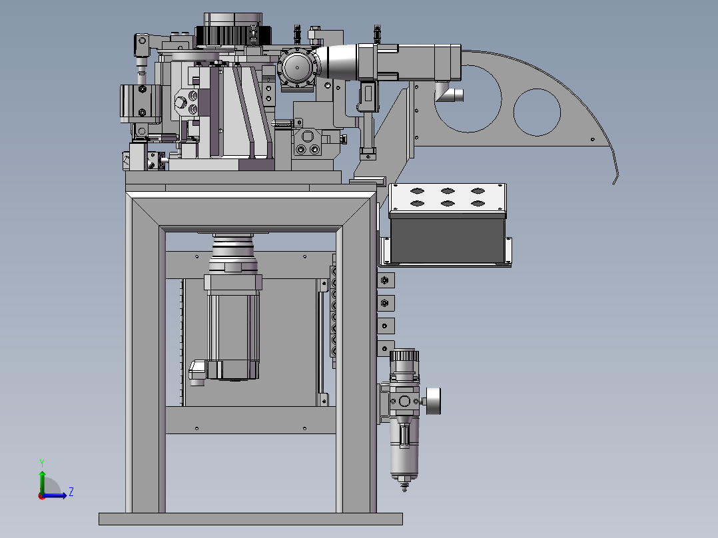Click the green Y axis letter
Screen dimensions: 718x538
pyautogui.click(x=42, y=463)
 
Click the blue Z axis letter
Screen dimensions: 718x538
pyautogui.click(x=71, y=492)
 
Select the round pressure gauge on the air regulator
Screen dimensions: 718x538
pyautogui.click(x=433, y=401)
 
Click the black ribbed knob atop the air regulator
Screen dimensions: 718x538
pyautogui.click(x=404, y=356)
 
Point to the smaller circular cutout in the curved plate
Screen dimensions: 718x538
pyautogui.click(x=537, y=112)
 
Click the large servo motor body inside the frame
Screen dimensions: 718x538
pyautogui.click(x=233, y=328)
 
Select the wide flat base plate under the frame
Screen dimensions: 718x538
pyautogui.click(x=250, y=519)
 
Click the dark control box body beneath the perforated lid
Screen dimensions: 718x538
pyautogui.click(x=448, y=240)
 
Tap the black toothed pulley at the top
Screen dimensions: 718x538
pyautogui.click(x=234, y=36)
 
